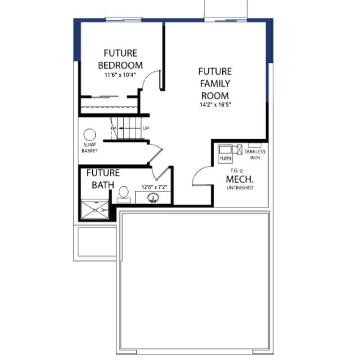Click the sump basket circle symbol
coord(90,135)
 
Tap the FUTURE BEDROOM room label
coord(120,59)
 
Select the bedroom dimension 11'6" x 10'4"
coord(120,75)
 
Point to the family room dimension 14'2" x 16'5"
coord(215,105)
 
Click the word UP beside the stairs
coord(146,128)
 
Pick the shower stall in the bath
coord(95,209)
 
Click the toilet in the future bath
coord(124,195)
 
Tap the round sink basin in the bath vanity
coord(153,198)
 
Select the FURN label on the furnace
coord(225,158)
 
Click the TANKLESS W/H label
coord(255,154)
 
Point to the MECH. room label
coord(240,179)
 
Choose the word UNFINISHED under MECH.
coord(240,188)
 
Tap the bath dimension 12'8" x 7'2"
coord(154,187)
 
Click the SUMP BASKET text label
coord(90,148)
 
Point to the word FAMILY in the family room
coord(215,84)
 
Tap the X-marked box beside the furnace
coord(239,150)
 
